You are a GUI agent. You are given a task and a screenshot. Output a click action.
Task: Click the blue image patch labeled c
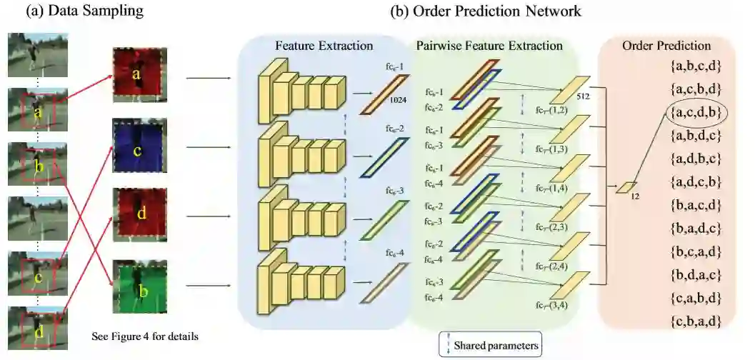pyautogui.click(x=139, y=146)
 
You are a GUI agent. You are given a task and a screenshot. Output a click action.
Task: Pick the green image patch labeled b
pyautogui.click(x=139, y=287)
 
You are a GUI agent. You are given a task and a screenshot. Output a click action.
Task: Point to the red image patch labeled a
pyautogui.click(x=139, y=74)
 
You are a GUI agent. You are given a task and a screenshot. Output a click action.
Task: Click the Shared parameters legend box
pyautogui.click(x=489, y=345)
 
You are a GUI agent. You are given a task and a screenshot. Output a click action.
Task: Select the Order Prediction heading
pyautogui.click(x=666, y=46)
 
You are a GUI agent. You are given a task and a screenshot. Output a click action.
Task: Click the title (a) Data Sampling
pyautogui.click(x=85, y=11)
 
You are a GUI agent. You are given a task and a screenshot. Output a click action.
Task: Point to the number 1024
pyautogui.click(x=397, y=101)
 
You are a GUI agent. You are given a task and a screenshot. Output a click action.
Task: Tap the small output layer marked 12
pyautogui.click(x=626, y=187)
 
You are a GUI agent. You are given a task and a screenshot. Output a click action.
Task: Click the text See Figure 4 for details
pyautogui.click(x=145, y=335)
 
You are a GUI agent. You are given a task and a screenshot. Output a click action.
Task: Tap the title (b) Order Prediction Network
pyautogui.click(x=486, y=11)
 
